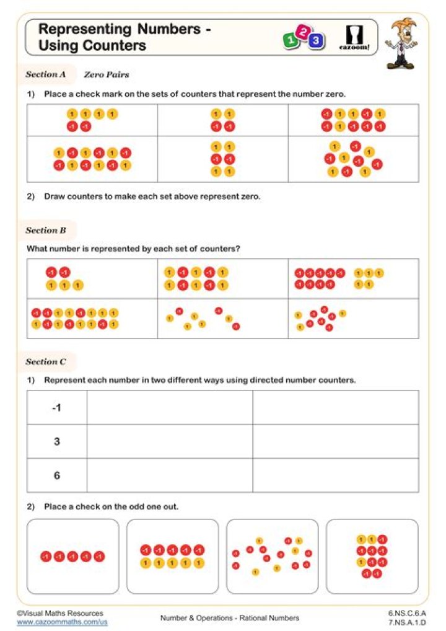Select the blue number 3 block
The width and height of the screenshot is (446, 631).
pos(317,42)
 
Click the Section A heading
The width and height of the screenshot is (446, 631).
pos(46,74)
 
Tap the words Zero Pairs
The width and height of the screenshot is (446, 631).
pos(107,75)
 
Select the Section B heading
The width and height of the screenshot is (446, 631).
pos(46,231)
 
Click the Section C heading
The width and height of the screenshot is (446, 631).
pos(46,362)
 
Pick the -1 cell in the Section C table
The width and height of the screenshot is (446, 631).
pos(56,408)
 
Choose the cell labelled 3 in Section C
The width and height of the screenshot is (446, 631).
pos(56,442)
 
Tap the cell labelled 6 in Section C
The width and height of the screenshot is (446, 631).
pos(56,476)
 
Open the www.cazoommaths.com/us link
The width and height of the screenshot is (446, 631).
pos(62,622)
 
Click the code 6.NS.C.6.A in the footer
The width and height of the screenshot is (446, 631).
pos(407,613)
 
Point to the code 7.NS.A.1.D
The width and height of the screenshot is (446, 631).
pos(407,622)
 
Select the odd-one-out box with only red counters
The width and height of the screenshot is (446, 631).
pos(73,557)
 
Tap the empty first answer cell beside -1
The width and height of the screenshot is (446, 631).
pos(170,408)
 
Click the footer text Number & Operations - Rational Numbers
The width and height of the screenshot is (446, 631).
pos(229,618)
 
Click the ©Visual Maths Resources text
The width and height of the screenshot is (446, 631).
pos(60,613)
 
